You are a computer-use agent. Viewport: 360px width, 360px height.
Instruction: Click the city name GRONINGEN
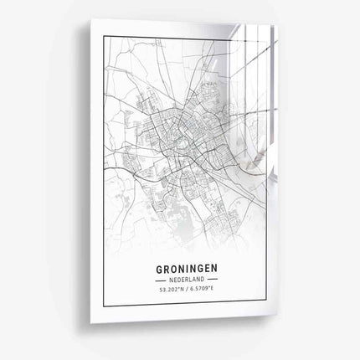coord(188,270)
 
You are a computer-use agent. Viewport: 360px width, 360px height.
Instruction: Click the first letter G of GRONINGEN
coord(159,270)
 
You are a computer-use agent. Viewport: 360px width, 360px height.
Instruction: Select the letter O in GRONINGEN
coord(173,270)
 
